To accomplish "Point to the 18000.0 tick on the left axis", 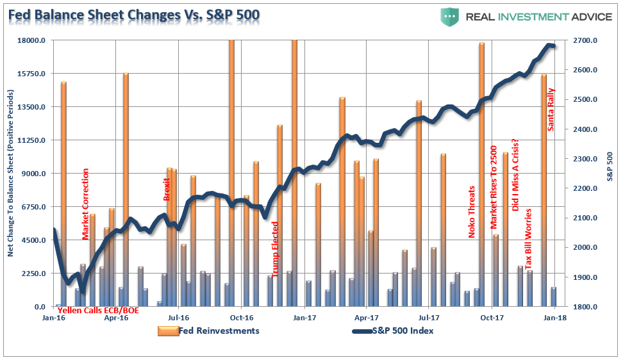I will click(30, 40).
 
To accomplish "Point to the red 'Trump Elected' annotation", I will click(275, 249).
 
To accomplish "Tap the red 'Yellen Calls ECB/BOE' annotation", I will click(98, 311).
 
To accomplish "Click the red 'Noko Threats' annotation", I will click(472, 212).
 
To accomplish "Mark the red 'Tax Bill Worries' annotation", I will click(529, 239).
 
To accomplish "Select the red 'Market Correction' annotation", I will click(86, 204).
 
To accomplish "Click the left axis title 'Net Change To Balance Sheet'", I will click(11, 173).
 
